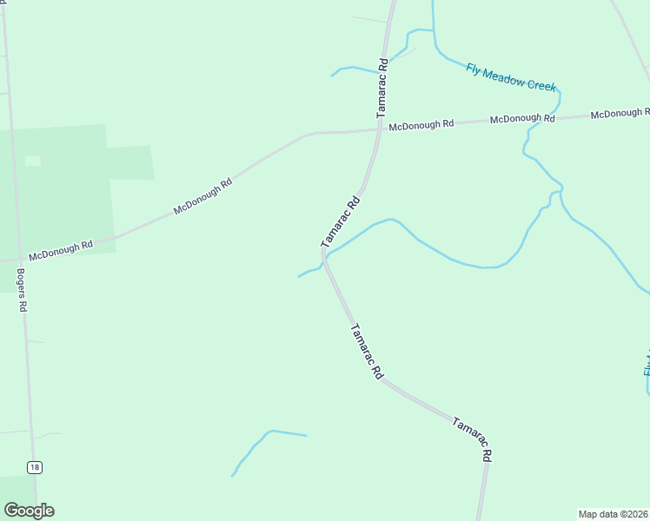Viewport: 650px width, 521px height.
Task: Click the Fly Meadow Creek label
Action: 510,77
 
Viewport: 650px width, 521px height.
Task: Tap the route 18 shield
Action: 34,467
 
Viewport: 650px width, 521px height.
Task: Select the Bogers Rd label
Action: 23,290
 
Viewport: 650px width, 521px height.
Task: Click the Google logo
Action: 29,510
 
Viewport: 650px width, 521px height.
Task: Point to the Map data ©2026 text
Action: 614,514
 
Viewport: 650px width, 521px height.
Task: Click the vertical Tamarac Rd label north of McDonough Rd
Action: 381,88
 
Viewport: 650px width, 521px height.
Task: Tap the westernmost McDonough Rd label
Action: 60,251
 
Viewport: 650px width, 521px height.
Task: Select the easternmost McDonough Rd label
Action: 620,113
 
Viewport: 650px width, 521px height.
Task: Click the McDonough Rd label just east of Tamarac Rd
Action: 421,125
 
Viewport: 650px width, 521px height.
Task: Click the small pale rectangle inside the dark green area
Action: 33,161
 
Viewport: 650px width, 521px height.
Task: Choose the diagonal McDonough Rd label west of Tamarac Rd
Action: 203,196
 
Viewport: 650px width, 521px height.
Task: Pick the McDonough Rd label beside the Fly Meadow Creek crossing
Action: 521,118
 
